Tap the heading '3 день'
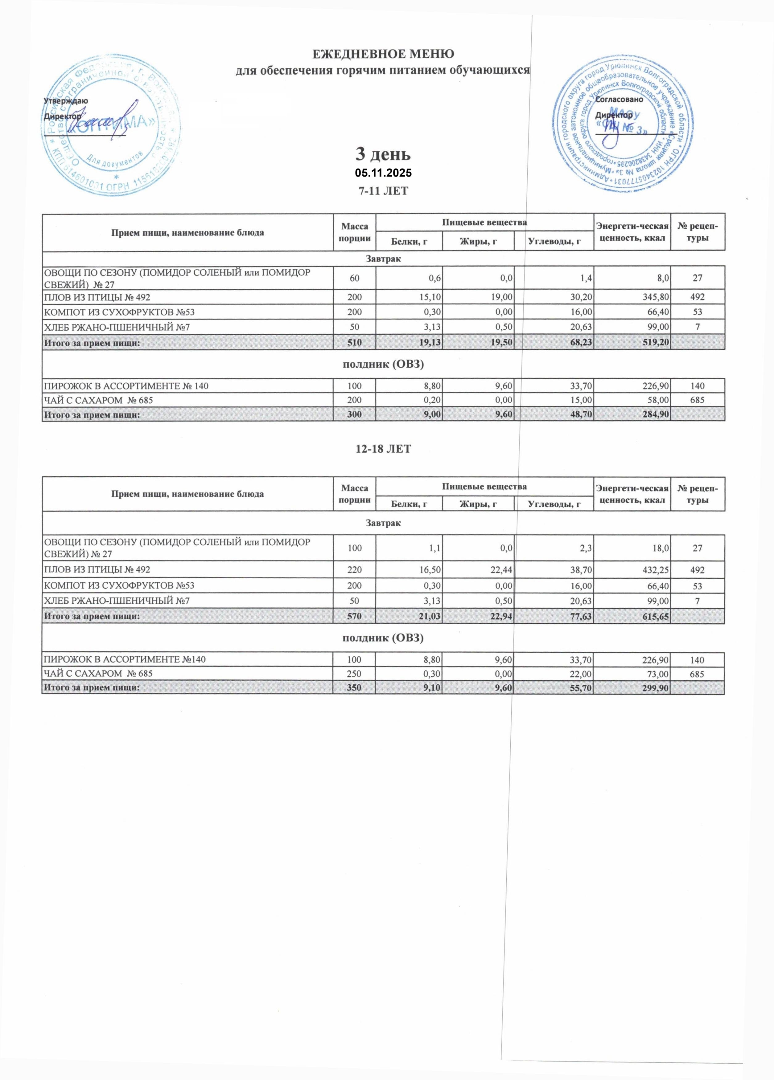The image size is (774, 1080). (383, 154)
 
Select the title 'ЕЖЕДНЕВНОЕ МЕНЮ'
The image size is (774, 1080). (383, 54)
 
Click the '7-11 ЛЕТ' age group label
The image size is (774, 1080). (383, 191)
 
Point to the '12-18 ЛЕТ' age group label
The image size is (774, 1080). (383, 449)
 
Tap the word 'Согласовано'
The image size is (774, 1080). (619, 100)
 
